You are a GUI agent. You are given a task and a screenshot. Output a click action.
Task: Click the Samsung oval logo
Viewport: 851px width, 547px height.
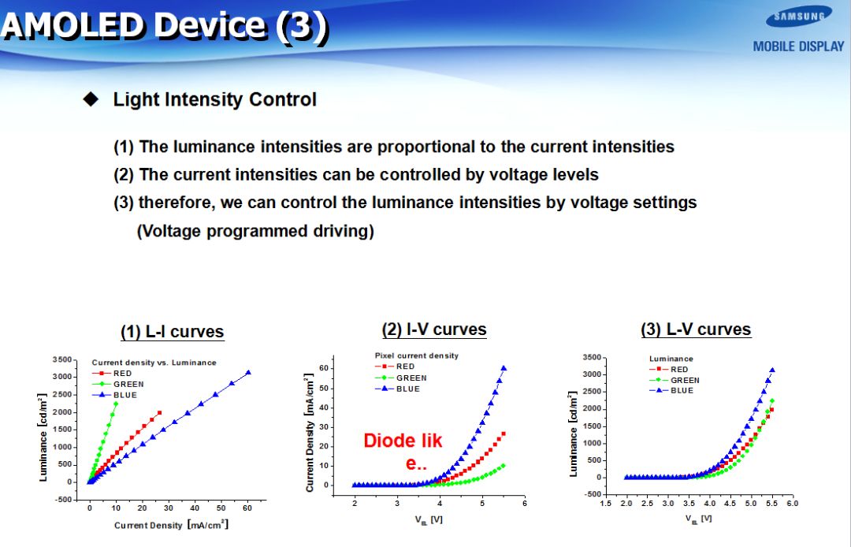798,17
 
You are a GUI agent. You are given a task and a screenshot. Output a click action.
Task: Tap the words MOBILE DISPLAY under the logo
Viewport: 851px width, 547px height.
798,47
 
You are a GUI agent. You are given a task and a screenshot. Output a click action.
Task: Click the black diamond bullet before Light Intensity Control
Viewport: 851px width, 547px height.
91,99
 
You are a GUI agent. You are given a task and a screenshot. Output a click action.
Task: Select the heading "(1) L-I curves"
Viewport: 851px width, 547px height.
172,332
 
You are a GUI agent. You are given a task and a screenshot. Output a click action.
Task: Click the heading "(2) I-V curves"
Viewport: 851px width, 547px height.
433,329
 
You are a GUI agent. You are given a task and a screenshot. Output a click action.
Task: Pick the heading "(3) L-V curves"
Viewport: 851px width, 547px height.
696,329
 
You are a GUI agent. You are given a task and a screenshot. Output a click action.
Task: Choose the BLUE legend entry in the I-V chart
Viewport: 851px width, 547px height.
397,389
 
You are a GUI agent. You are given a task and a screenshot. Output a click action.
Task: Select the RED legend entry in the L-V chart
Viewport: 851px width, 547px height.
669,370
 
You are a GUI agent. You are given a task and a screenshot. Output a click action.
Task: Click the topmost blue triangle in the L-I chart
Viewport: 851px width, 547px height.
248,372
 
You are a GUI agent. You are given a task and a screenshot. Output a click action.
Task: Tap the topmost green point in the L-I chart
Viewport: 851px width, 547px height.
116,404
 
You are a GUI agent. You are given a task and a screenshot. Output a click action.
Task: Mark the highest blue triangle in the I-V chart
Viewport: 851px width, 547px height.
504,368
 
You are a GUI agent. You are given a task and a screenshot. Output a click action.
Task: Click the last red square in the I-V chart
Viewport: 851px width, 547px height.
504,434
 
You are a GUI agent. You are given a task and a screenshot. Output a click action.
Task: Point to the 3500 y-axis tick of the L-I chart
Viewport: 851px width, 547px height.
62,359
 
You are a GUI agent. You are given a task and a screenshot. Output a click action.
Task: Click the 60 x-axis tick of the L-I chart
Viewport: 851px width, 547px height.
247,508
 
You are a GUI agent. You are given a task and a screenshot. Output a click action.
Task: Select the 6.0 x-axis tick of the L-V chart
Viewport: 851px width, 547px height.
793,504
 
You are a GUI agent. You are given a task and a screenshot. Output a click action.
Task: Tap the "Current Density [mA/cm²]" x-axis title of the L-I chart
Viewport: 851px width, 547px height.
171,525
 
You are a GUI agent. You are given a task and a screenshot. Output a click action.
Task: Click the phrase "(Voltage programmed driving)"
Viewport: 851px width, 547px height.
255,231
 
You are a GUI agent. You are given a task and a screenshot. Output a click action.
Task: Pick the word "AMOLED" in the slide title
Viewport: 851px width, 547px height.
74,25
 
